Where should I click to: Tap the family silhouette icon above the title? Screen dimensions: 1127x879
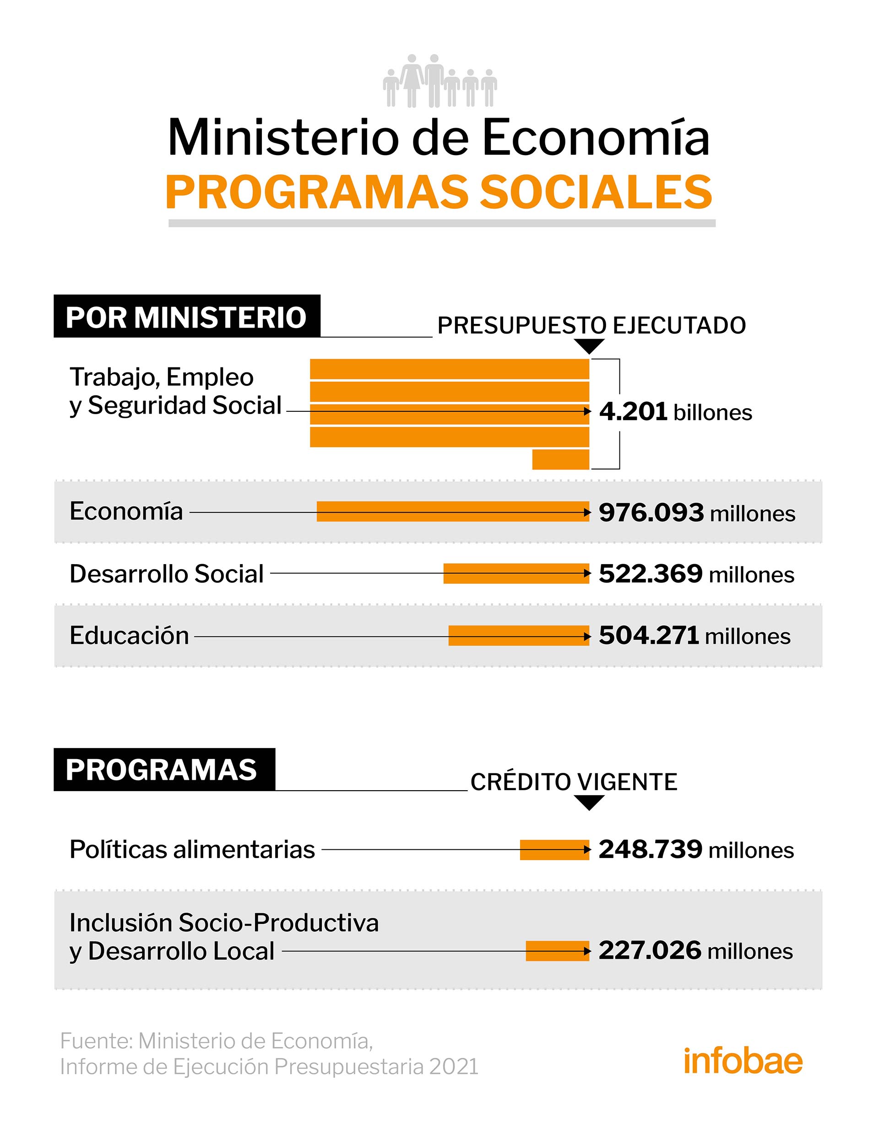[440, 81]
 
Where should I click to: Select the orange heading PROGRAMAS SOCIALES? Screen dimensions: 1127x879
[439, 192]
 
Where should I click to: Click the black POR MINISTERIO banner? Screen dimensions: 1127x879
[187, 316]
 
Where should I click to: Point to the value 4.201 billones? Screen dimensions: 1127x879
[675, 412]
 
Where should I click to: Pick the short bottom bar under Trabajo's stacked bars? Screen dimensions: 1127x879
[560, 459]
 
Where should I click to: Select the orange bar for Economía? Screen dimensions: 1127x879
[452, 512]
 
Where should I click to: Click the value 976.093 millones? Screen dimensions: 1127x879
[697, 513]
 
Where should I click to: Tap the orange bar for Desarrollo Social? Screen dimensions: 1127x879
[516, 573]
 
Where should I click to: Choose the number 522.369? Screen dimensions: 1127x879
[651, 574]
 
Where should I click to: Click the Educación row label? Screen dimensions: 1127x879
[129, 636]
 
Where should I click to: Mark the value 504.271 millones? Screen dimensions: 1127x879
[694, 636]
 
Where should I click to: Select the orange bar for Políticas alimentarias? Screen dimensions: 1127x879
[554, 850]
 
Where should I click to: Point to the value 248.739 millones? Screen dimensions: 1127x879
[696, 850]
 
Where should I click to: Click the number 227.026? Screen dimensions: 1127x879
[650, 950]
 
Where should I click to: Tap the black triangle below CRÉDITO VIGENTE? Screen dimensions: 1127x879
[589, 803]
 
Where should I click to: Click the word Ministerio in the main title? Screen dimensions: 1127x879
[283, 138]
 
